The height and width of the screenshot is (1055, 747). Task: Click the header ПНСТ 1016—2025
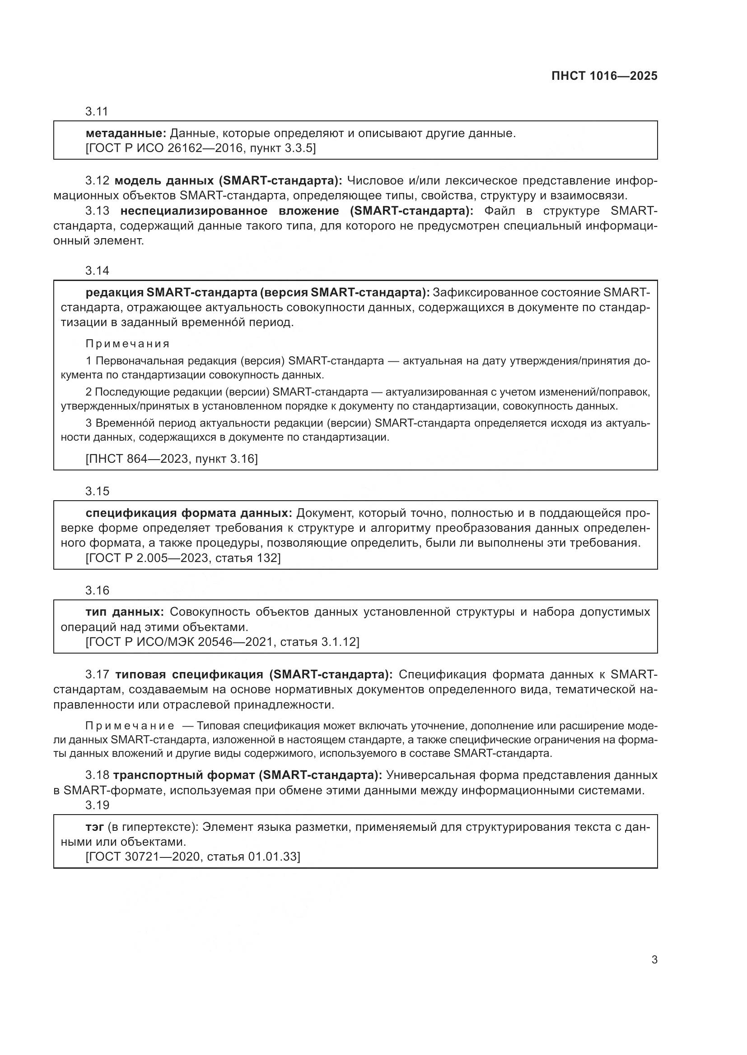[604, 76]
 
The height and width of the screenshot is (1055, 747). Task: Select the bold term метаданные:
[126, 134]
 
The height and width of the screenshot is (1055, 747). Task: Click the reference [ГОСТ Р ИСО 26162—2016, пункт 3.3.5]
[201, 148]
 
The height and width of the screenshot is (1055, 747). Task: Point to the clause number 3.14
[97, 271]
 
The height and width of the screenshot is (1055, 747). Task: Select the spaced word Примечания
[127, 344]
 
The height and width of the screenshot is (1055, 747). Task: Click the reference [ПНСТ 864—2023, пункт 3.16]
[172, 459]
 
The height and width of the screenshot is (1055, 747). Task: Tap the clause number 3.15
[97, 491]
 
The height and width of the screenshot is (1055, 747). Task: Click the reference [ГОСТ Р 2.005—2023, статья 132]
[183, 558]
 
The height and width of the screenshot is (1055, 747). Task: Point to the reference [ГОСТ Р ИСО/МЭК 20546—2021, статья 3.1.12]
[222, 641]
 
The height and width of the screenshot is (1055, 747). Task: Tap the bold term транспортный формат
[183, 775]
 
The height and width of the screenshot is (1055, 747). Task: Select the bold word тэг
[95, 827]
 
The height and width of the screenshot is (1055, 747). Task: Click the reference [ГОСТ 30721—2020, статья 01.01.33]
[193, 857]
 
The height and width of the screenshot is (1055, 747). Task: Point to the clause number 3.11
[97, 111]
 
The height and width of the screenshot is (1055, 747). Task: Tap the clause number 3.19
[97, 805]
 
